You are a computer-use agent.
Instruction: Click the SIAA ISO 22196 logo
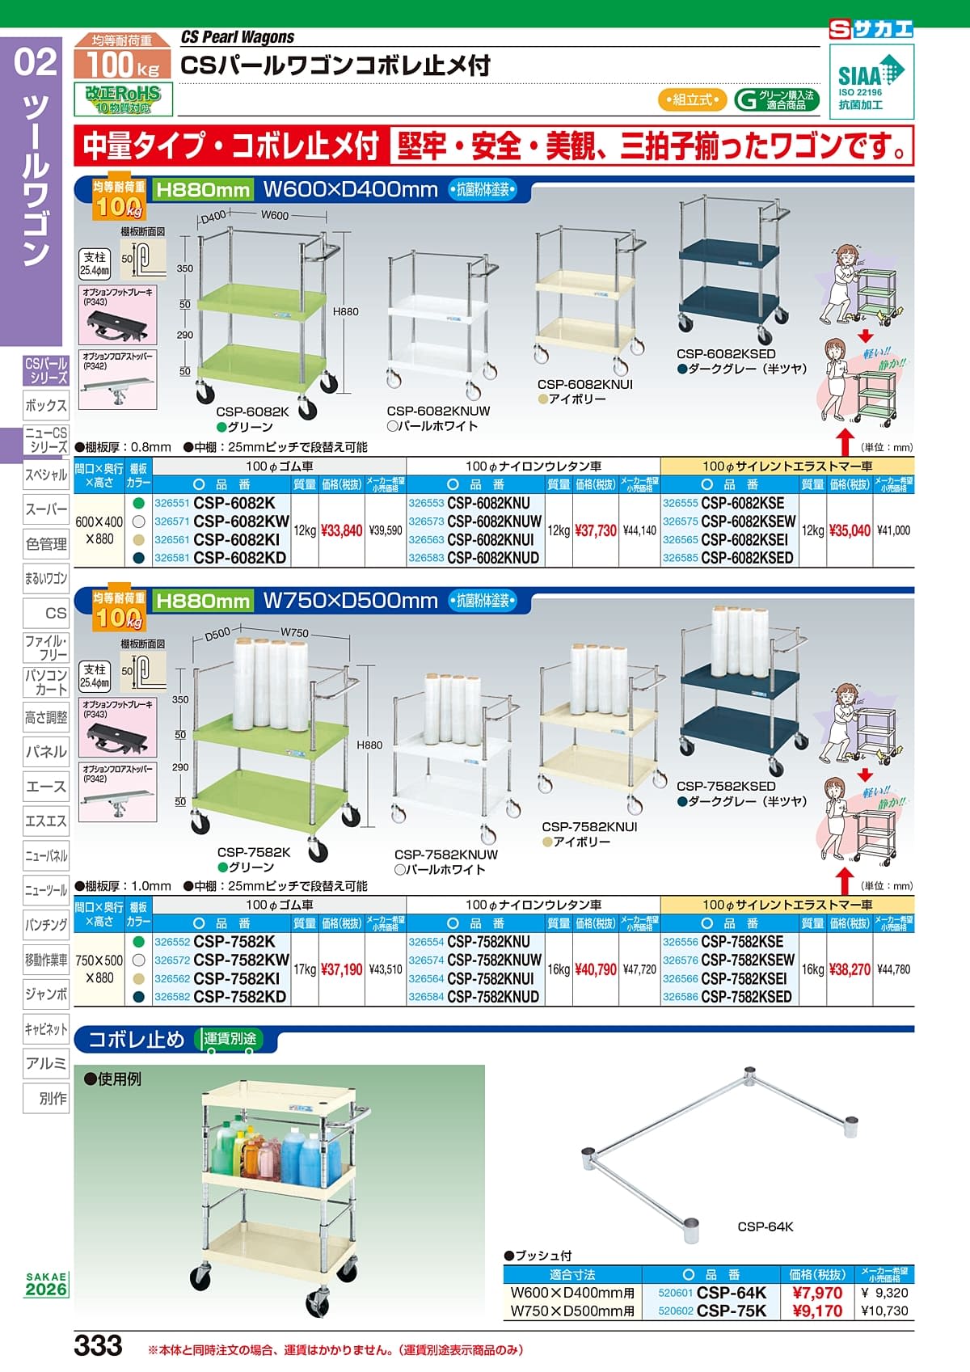pyautogui.click(x=871, y=82)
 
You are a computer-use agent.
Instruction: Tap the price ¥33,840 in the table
pyautogui.click(x=341, y=530)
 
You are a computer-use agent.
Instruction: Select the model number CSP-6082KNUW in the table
pyautogui.click(x=494, y=521)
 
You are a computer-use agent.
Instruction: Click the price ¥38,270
pyautogui.click(x=849, y=969)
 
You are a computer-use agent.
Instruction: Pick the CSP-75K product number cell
pyautogui.click(x=731, y=1311)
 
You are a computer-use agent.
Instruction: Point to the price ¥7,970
pyautogui.click(x=816, y=1293)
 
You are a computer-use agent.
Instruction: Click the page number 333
pyautogui.click(x=98, y=1346)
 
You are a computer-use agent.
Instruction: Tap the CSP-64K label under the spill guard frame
pyautogui.click(x=765, y=1226)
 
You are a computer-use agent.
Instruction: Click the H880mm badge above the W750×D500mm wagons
pyautogui.click(x=202, y=601)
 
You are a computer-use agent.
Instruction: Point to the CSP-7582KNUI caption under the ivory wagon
pyautogui.click(x=589, y=827)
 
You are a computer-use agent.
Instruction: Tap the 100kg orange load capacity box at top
pyautogui.click(x=123, y=58)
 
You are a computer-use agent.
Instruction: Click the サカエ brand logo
pyautogui.click(x=871, y=29)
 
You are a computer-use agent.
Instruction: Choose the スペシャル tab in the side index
pyautogui.click(x=46, y=475)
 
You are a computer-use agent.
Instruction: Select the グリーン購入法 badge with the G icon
pyautogui.click(x=776, y=99)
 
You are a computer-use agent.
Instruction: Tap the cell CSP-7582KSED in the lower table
pyautogui.click(x=746, y=997)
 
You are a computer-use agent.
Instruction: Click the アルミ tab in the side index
pyautogui.click(x=46, y=1063)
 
